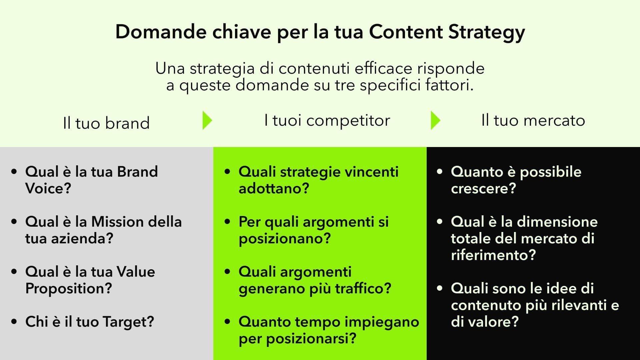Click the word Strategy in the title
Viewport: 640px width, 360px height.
point(487,33)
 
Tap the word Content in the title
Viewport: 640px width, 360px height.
point(406,32)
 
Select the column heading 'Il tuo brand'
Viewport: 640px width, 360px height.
point(106,123)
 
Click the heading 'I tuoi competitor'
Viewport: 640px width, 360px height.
point(327,121)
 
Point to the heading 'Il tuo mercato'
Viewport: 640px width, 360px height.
point(533,120)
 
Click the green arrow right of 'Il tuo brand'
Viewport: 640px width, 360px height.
point(207,120)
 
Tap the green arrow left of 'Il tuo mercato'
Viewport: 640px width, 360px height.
point(435,120)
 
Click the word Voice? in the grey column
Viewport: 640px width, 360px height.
point(48,188)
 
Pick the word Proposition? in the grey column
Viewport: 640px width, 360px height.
point(69,289)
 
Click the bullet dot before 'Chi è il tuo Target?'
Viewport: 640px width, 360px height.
point(14,322)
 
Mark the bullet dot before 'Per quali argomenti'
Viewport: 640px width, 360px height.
point(227,221)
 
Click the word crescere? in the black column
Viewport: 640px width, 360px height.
point(483,189)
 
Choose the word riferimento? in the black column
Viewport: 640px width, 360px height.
point(493,255)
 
